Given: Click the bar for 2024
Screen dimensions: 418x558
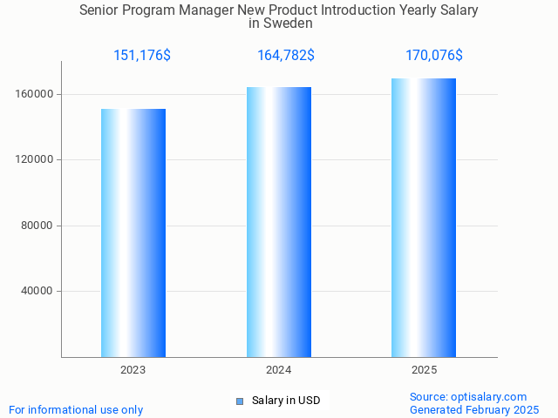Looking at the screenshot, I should (x=279, y=222).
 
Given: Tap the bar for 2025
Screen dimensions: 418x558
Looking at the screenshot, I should (x=424, y=218).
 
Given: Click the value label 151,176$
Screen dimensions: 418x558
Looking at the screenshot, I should (x=142, y=56).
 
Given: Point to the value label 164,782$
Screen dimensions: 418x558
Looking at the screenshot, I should (x=286, y=56).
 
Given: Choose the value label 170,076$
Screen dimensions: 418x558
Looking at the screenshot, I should (x=434, y=56).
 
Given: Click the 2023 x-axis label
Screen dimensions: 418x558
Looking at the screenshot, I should (x=133, y=370).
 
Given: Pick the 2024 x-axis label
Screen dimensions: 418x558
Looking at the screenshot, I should (x=279, y=370).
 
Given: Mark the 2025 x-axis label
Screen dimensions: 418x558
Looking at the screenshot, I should (x=424, y=370).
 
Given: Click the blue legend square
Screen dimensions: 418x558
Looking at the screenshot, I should (x=240, y=401).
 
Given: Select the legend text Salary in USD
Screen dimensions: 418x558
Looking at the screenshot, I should (x=286, y=401).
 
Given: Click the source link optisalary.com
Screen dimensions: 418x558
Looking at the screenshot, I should (x=487, y=396).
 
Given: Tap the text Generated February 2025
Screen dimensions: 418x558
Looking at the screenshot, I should (x=474, y=409).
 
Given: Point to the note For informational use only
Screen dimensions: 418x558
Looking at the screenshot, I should (x=76, y=409).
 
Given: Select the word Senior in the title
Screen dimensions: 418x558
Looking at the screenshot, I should (x=100, y=10).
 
